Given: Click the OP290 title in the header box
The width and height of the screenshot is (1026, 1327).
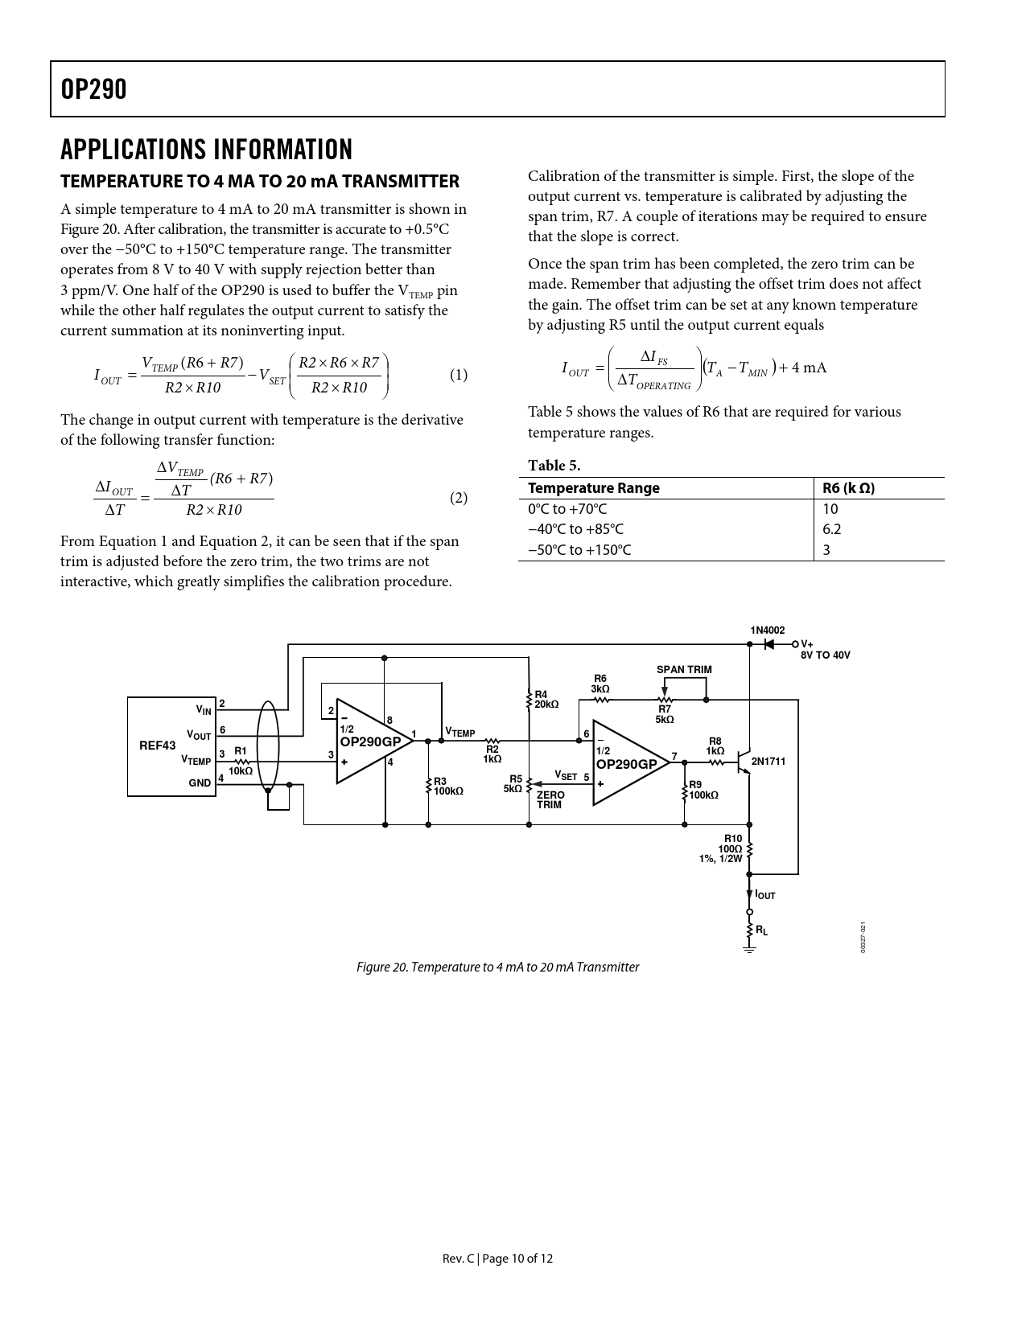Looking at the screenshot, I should point(94,89).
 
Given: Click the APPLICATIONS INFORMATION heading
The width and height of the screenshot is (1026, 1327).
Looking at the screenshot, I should point(206,150).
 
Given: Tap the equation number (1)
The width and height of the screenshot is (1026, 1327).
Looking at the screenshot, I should point(458,375).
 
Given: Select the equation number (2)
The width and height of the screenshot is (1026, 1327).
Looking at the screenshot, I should point(458,498).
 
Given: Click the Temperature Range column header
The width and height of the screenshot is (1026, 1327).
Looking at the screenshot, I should point(593,488).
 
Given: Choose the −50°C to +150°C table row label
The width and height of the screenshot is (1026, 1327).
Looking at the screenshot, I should point(579,550).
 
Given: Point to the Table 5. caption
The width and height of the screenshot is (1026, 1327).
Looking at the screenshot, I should point(554,466).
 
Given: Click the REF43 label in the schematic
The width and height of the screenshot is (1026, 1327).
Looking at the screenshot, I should point(157,746).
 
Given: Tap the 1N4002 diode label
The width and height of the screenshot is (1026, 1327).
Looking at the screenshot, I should point(767,631).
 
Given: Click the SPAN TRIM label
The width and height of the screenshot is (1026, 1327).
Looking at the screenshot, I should point(684,669).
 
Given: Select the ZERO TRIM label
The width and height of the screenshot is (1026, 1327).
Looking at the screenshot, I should point(550,799).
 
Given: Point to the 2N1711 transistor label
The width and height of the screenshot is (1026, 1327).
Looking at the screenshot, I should point(768,761).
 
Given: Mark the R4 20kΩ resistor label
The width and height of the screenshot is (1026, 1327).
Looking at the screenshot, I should point(546,699).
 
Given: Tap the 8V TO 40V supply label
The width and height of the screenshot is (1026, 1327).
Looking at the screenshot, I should point(825,655).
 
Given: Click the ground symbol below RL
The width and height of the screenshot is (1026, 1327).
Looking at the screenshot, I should point(749,951).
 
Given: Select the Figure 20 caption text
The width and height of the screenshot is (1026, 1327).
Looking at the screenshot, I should point(497,967).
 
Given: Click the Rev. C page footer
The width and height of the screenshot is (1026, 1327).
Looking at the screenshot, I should point(497,1259).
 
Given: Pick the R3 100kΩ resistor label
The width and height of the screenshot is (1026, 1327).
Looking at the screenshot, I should point(448,786).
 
